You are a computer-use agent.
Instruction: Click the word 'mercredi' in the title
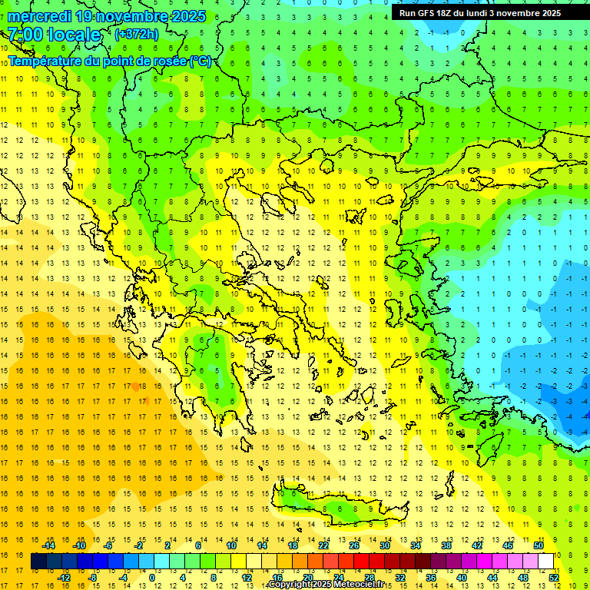point(40,16)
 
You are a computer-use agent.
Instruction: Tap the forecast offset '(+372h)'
point(136,35)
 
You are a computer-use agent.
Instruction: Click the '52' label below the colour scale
point(554,578)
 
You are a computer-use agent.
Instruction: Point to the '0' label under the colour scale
point(152,578)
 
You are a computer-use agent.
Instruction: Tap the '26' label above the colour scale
point(354,545)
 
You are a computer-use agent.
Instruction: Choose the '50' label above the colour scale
point(539,545)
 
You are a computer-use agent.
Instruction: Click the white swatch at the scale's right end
point(545,562)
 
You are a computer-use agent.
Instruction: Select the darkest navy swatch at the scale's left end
point(38,562)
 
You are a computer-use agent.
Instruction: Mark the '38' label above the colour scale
point(446,545)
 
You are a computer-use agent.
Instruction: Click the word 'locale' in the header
point(74,35)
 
